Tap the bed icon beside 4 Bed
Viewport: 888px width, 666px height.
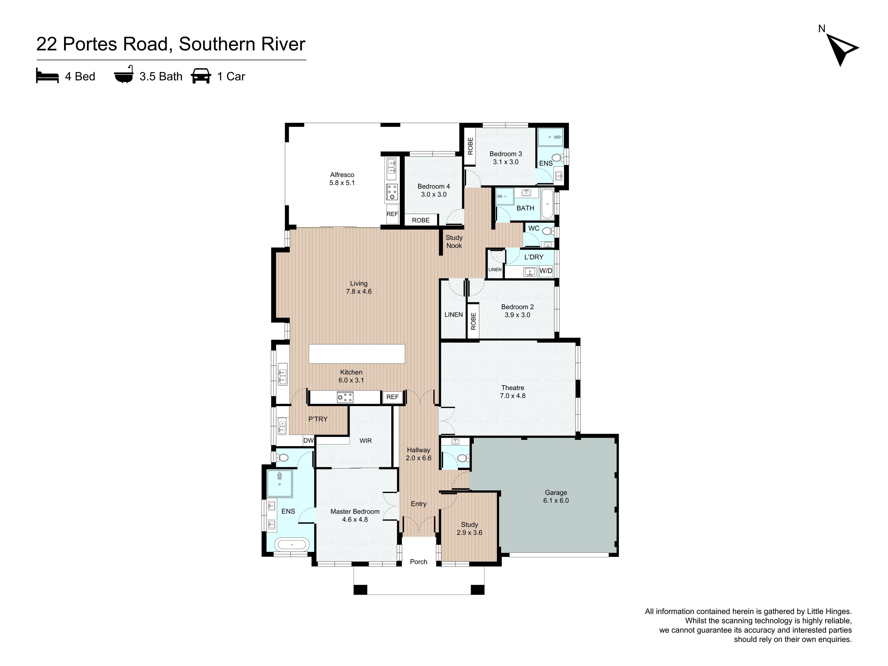coord(47,75)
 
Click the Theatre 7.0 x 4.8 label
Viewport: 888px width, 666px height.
coord(513,392)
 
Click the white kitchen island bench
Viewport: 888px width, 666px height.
coord(357,354)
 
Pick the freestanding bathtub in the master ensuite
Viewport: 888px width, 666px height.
coord(292,545)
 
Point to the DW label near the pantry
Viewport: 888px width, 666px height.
coord(308,440)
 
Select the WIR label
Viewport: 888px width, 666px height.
coord(365,440)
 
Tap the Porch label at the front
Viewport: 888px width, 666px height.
coord(418,562)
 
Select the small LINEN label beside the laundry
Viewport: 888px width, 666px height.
coord(495,269)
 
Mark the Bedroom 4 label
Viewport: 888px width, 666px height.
coord(434,186)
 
